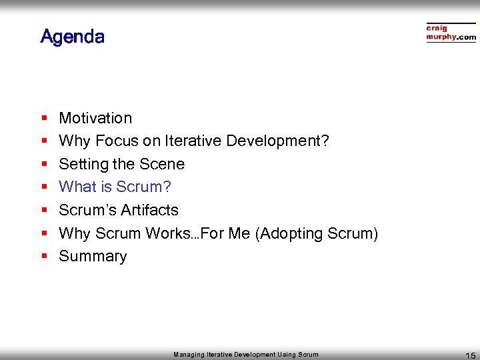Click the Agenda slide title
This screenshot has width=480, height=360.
pyautogui.click(x=72, y=36)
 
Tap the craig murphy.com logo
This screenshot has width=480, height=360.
pyautogui.click(x=451, y=33)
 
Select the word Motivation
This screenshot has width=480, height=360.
pyautogui.click(x=95, y=118)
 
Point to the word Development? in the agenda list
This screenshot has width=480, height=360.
pyautogui.click(x=277, y=141)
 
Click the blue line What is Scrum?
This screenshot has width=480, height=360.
pyautogui.click(x=115, y=187)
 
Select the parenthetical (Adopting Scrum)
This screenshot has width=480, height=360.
pyautogui.click(x=317, y=233)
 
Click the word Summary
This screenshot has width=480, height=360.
pyautogui.click(x=93, y=256)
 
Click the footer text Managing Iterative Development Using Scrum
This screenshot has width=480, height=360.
pyautogui.click(x=245, y=355)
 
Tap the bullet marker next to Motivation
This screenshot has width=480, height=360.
pyautogui.click(x=43, y=119)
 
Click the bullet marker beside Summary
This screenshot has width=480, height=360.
pyautogui.click(x=43, y=257)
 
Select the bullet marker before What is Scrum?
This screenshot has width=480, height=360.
pyautogui.click(x=43, y=187)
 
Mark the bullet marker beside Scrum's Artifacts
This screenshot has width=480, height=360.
pyautogui.click(x=43, y=211)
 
